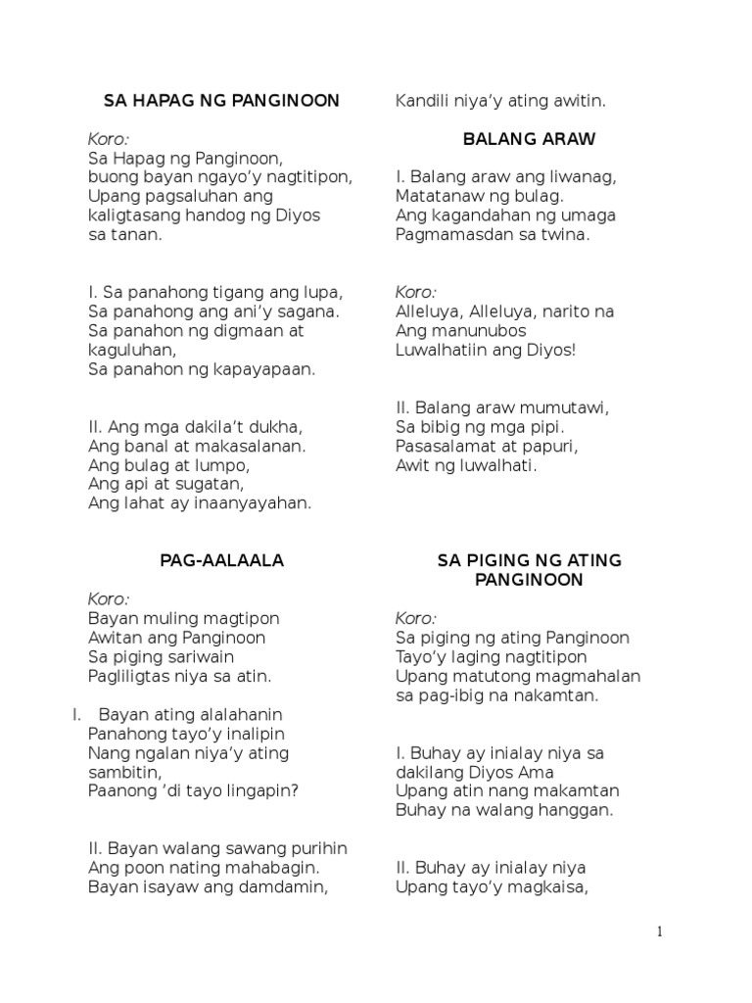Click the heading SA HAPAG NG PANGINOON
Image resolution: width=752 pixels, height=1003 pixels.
[221, 100]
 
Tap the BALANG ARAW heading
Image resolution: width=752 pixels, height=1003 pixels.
[528, 139]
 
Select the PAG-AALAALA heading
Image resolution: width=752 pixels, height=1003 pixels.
[221, 560]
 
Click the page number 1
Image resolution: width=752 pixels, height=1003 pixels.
[660, 931]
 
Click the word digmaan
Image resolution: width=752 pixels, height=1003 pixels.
[241, 330]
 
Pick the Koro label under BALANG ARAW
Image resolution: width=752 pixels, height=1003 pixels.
[415, 292]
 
